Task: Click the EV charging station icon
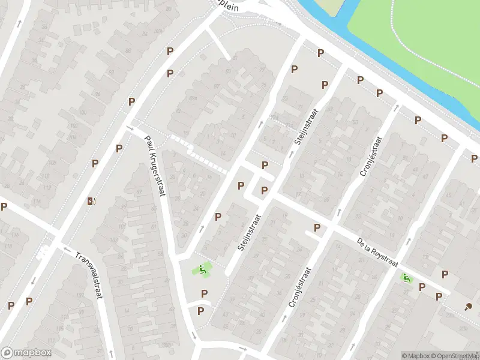[x=91, y=201]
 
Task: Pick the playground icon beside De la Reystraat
[x=407, y=278]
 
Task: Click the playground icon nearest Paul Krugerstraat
[x=203, y=271]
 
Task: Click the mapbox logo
[x=26, y=353]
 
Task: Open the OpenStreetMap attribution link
[x=455, y=356]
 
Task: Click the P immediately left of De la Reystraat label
[x=317, y=228]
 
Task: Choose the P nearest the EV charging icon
[x=95, y=164]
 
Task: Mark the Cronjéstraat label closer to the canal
[x=370, y=157]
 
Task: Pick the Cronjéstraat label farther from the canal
[x=300, y=287]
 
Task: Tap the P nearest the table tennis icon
[x=439, y=297]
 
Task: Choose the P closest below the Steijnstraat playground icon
[x=205, y=293]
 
